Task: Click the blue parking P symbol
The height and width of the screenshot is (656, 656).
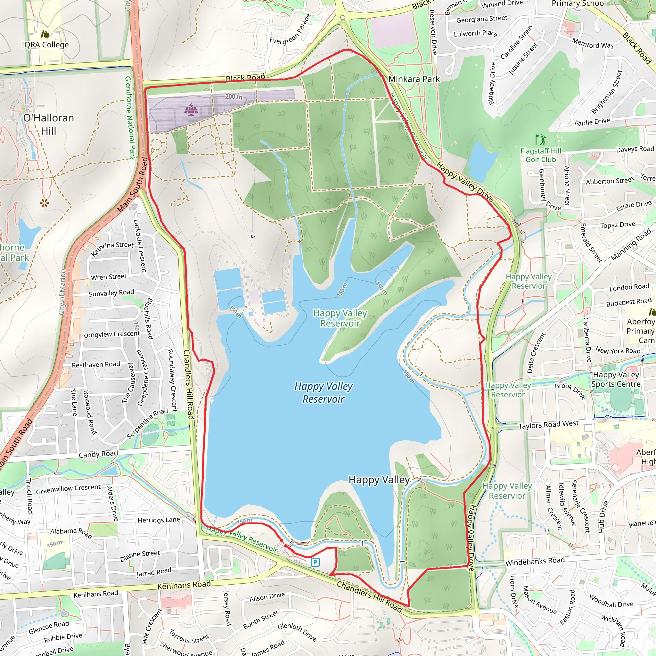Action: [315, 562]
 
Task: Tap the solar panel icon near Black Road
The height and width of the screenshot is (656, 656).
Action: [191, 109]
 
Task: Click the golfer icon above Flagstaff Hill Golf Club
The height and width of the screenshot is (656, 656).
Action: [540, 140]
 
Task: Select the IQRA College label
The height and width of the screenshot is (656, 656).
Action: [45, 45]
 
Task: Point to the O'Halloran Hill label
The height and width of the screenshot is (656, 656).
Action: [49, 124]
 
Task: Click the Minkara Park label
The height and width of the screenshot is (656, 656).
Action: [414, 79]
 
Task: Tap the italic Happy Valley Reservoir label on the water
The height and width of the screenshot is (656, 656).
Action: [323, 392]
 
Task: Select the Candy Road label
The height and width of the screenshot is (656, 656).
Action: [98, 454]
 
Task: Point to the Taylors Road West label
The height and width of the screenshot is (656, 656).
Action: [548, 425]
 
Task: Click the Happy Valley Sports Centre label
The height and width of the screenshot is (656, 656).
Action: [616, 379]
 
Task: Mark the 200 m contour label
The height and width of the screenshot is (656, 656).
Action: [234, 97]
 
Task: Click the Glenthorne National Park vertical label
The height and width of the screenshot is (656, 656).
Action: [129, 118]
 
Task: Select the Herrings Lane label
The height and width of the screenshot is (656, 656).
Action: [159, 520]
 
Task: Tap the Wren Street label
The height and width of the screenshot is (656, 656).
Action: [109, 277]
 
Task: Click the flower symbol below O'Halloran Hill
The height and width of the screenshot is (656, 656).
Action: [45, 203]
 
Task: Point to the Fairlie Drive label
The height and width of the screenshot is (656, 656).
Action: [592, 121]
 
